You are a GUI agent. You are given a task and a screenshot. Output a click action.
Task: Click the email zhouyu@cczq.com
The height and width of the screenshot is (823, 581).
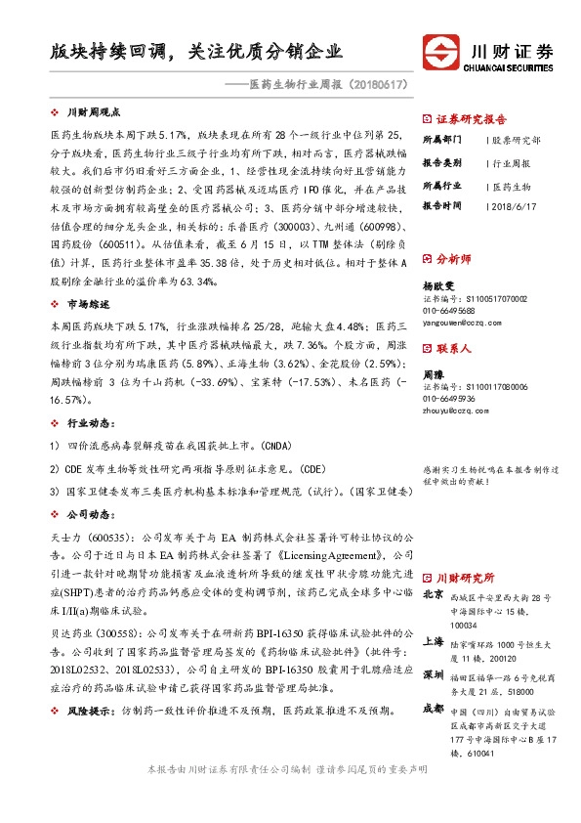click(455, 411)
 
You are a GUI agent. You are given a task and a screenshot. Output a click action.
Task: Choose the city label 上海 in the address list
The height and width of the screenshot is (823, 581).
click(434, 641)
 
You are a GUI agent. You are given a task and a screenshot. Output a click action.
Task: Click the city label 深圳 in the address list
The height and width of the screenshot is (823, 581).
click(434, 674)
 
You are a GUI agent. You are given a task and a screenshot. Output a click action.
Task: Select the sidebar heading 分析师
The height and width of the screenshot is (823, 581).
click(453, 259)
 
